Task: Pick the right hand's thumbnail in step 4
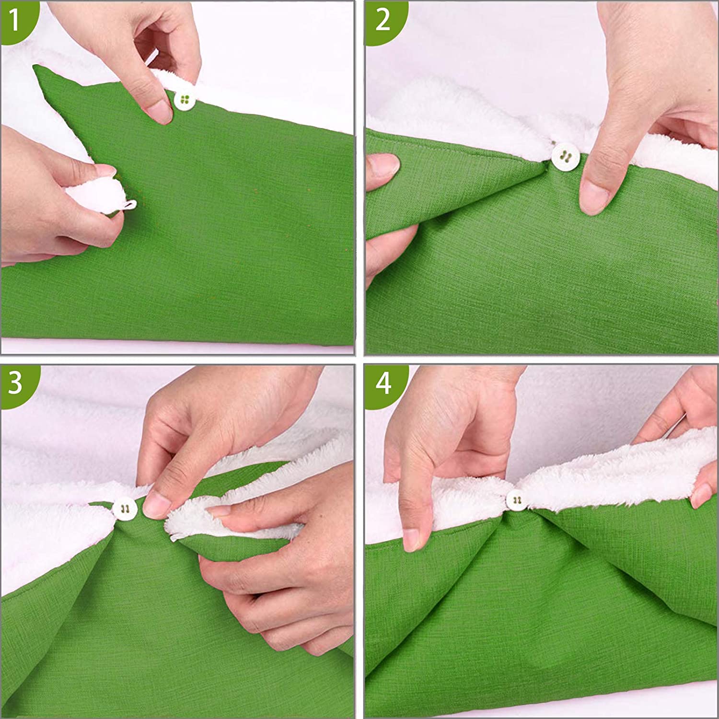[702, 495]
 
